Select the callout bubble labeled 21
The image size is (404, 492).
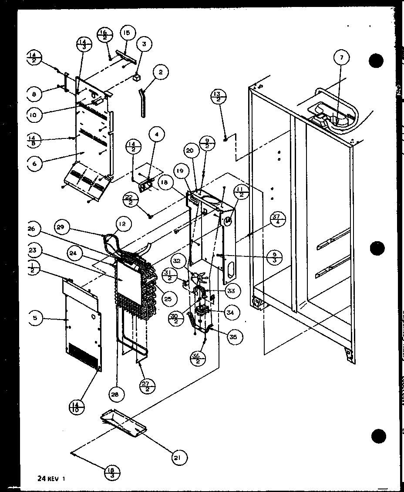pyautogui.click(x=179, y=457)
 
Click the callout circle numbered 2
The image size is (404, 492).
pyautogui.click(x=160, y=73)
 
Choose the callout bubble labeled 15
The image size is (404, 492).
pyautogui.click(x=127, y=34)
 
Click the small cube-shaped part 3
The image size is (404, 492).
pyautogui.click(x=138, y=78)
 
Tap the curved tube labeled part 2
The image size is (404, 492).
pyautogui.click(x=141, y=102)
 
